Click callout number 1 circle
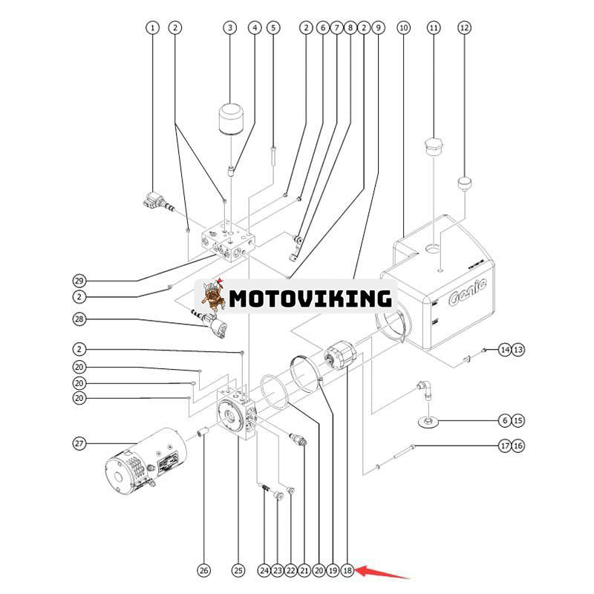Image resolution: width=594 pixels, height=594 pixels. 152,27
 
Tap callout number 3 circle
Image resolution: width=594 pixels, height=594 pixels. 230,27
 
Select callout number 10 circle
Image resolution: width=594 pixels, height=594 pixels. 403,27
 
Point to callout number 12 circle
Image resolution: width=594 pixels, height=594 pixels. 464,27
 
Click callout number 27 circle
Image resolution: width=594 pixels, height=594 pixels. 79,443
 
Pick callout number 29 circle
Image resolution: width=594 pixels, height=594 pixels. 79,281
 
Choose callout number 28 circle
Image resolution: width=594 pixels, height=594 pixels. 79,319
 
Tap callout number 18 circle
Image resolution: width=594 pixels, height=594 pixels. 347,570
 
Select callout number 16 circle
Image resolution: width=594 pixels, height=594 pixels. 518,446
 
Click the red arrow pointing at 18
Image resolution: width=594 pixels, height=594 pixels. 382,572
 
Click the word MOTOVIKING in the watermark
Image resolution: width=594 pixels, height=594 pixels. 310,298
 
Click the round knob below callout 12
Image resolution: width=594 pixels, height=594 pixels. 465,182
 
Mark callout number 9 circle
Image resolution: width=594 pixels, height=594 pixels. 378,27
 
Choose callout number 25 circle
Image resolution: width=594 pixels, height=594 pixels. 238,570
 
